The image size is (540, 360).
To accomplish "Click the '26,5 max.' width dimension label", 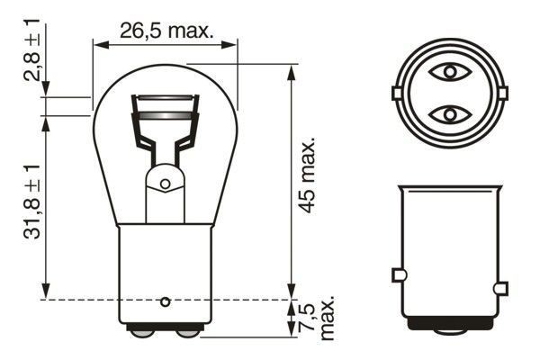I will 166,31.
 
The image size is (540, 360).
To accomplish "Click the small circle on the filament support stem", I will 165,184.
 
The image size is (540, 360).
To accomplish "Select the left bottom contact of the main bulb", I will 142,332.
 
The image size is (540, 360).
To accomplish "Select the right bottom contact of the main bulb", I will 187,332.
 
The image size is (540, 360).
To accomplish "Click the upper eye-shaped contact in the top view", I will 447,71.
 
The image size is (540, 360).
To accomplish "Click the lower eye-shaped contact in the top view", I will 447,114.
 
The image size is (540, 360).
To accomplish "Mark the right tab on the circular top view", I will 500,93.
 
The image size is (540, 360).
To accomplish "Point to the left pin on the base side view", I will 400,274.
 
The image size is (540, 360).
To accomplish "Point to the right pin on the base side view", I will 500,288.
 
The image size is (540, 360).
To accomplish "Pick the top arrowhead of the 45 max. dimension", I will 291,68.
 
